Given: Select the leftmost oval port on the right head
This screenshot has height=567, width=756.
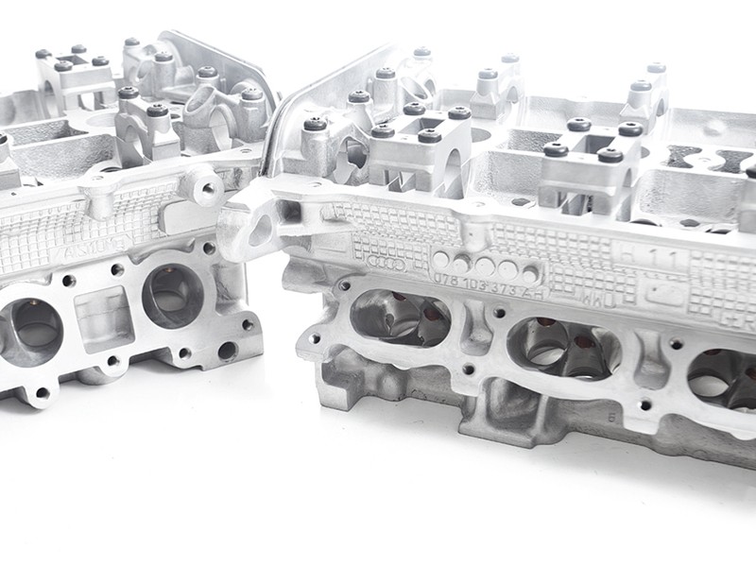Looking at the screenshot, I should pos(398,318).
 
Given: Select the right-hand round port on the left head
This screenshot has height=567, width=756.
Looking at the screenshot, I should pos(173,296).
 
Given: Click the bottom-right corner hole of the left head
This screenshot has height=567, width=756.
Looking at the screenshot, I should pos(226,351).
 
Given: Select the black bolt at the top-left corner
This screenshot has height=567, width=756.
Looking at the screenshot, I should pos(43,54).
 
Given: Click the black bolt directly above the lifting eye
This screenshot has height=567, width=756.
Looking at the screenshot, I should pos(315,125).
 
